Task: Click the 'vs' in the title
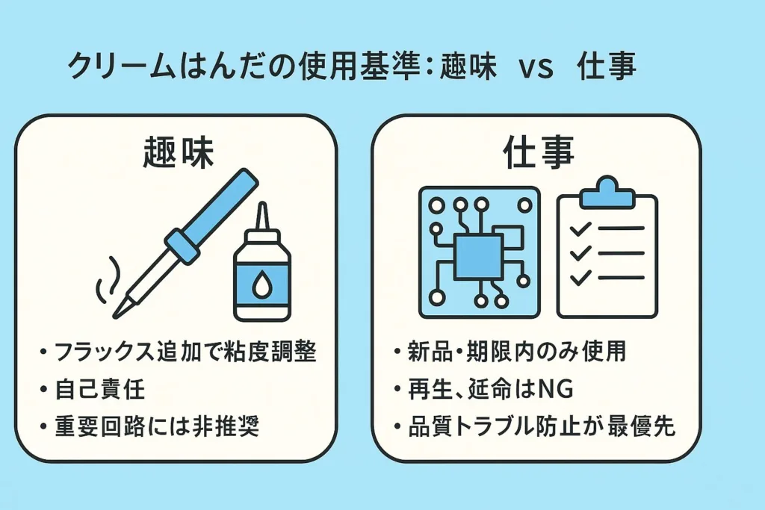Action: pyautogui.click(x=536, y=68)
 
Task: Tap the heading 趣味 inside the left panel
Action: pyautogui.click(x=178, y=152)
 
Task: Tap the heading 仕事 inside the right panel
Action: pyautogui.click(x=538, y=152)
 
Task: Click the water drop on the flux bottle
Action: pyautogui.click(x=262, y=286)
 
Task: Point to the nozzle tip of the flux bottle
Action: pyautogui.click(x=262, y=205)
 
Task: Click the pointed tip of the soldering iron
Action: pyautogui.click(x=116, y=315)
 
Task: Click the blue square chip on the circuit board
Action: pyautogui.click(x=478, y=257)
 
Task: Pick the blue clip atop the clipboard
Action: pyautogui.click(x=607, y=192)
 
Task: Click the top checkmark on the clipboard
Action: pyautogui.click(x=580, y=228)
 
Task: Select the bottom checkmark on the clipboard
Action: pyautogui.click(x=580, y=278)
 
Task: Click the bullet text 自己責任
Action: pyautogui.click(x=100, y=390)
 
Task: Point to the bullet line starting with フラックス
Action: pyautogui.click(x=185, y=352)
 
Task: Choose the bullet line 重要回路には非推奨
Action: pyautogui.click(x=157, y=426)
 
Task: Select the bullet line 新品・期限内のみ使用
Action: pyautogui.click(x=517, y=352)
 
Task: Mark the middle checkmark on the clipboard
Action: pyautogui.click(x=580, y=253)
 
